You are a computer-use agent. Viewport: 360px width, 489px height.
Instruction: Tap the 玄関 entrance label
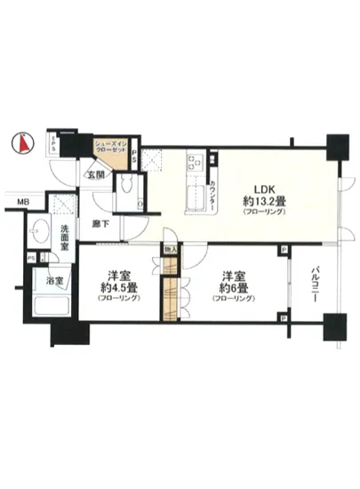tap(95, 174)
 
